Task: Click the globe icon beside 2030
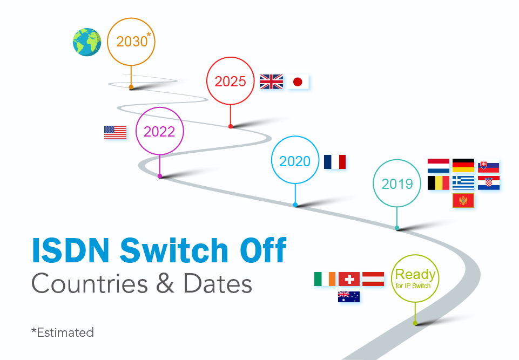coord(87,42)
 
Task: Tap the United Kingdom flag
coord(271,81)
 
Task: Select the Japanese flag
coord(297,82)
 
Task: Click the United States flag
coord(115,132)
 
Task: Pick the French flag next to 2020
coord(335,162)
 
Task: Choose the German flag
coord(463,166)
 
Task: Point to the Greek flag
coord(463,183)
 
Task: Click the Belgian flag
coord(438,183)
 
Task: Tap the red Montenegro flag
coord(463,201)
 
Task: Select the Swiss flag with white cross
coord(349,279)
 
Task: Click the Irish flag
coord(325,279)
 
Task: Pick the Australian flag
coord(349,296)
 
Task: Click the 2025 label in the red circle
coord(230,81)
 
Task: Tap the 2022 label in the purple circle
coord(159,132)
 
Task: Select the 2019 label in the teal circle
coord(397,184)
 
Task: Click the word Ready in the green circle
coord(415,275)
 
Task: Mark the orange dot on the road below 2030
coord(131,87)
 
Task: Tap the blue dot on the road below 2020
coord(295,205)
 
